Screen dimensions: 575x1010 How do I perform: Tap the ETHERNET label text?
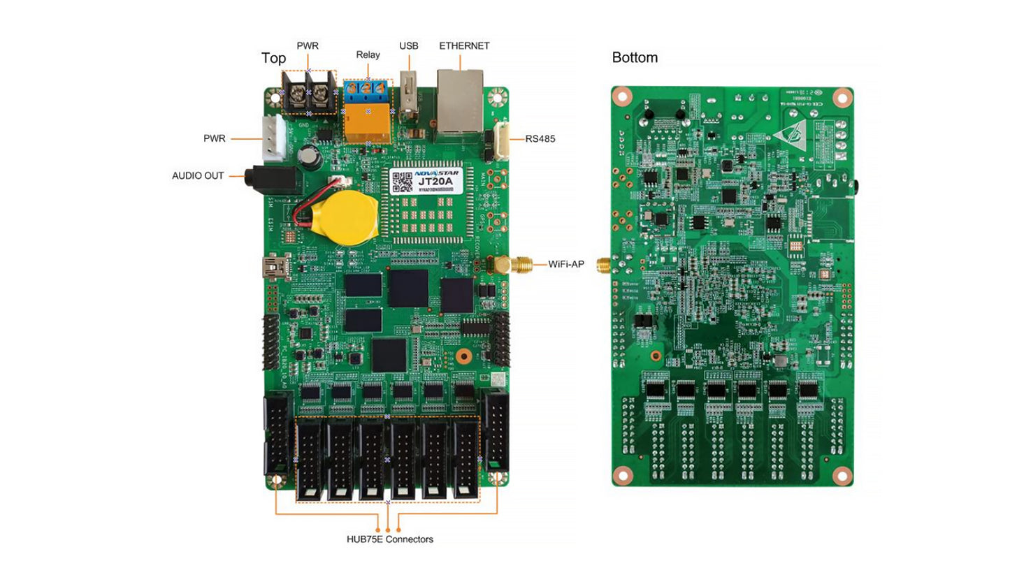464,46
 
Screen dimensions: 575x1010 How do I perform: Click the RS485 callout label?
540,138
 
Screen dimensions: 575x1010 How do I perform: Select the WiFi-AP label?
565,264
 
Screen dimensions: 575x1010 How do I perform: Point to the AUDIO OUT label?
198,176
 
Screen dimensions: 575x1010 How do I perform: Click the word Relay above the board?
368,54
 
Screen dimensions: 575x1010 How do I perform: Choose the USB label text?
409,46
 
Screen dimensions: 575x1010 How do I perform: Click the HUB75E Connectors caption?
389,539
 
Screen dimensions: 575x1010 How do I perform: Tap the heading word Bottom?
635,58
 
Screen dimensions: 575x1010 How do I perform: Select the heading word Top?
273,58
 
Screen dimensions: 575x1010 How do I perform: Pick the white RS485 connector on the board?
503,139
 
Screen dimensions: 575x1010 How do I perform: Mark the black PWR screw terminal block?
308,94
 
